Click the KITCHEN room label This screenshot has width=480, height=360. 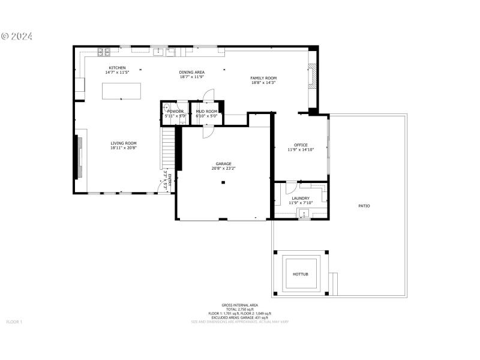117,68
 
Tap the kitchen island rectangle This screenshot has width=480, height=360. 122,91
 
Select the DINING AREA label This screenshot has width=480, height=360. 191,72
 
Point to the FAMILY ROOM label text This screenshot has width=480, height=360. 263,78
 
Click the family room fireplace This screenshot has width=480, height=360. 311,76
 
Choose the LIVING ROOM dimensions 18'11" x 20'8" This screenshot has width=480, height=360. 124,148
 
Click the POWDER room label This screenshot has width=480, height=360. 175,111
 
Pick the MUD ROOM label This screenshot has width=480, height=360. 206,111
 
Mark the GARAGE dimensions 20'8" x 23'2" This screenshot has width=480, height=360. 223,169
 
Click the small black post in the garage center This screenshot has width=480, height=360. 222,182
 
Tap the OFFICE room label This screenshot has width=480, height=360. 301,145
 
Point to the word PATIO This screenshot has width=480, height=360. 364,206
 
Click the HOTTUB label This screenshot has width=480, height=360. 300,274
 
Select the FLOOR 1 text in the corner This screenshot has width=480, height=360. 14,322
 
